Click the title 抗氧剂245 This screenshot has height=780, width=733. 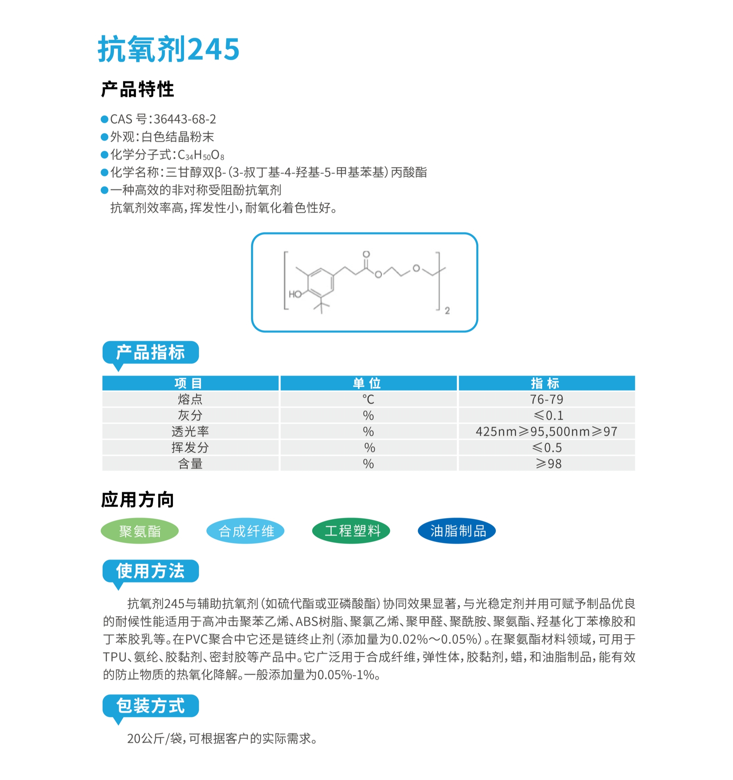pos(168,49)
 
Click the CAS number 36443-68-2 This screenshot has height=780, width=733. pos(184,119)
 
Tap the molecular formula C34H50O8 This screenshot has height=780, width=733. pos(201,155)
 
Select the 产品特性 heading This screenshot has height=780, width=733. pos(137,89)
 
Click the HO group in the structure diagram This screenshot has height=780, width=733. pos(295,294)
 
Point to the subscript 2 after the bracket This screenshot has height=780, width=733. pos(447,311)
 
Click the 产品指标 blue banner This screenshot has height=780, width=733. pos(150,352)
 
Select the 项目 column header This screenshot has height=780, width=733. pos(190,383)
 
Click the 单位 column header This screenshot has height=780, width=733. pos(368,383)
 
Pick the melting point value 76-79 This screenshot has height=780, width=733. pos(546,400)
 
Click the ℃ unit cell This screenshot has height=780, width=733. pos(368,400)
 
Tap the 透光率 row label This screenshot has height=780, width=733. pos(190,431)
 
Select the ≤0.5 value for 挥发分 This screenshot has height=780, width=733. pos(546,448)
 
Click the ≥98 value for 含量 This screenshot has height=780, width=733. pos(548,464)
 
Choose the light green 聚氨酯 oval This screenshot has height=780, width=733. pos(140,531)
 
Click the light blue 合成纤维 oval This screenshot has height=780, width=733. pos(246,531)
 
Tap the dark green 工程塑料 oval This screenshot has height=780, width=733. pos(351,531)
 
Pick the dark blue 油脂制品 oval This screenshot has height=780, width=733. pos(457,531)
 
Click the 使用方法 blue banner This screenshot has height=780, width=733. pos(150,570)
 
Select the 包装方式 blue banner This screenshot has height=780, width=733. pos(150,706)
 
